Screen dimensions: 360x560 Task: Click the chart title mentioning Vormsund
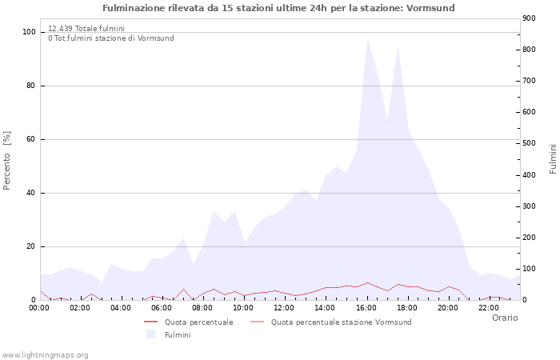point(278,8)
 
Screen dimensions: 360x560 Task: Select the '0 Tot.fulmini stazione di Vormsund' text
point(110,38)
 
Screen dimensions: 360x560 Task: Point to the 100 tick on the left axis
point(30,32)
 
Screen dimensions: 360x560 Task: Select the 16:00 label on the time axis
point(366,307)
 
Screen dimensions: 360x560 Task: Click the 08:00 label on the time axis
point(203,307)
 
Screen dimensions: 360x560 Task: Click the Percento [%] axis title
point(8,161)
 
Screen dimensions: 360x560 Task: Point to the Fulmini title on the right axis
point(552,159)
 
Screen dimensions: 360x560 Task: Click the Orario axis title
point(504,318)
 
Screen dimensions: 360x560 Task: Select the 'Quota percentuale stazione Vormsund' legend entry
point(341,322)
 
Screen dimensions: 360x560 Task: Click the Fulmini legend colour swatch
point(150,334)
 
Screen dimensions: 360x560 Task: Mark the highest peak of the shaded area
point(367,38)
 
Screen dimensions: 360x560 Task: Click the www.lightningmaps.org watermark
point(46,354)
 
